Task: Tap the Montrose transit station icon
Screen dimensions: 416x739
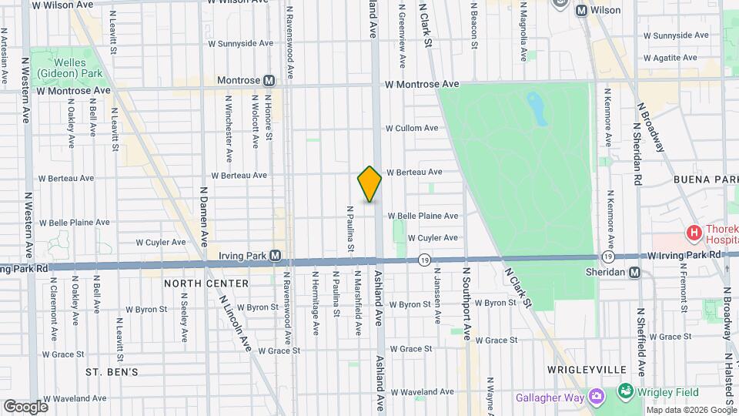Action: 269,80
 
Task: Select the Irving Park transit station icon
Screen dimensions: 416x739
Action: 275,255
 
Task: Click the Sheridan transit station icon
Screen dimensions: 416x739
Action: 634,272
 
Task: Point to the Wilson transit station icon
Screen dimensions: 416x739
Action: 581,11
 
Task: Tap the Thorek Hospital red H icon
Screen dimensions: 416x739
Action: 694,231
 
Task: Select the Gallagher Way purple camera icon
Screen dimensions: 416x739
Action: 595,396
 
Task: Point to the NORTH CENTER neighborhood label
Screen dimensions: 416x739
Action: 206,283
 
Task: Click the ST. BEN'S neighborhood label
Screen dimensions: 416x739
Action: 112,372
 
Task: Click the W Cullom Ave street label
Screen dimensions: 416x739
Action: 412,128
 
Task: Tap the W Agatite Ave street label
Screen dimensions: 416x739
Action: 676,58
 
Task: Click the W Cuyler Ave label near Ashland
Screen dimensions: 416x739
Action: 432,238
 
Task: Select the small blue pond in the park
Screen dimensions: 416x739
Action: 537,108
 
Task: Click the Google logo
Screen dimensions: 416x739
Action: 25,407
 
